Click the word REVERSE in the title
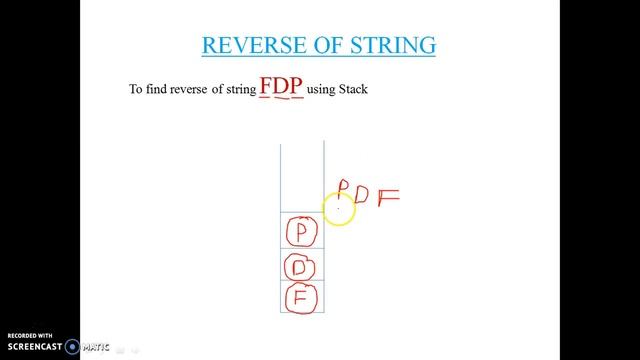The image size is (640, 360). pyautogui.click(x=248, y=45)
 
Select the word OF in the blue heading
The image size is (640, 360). pyautogui.click(x=316, y=45)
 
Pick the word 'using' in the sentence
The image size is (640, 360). pyautogui.click(x=320, y=89)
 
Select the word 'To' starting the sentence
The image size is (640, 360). pyautogui.click(x=137, y=89)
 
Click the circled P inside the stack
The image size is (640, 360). pyautogui.click(x=302, y=233)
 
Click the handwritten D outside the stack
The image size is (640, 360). pyautogui.click(x=362, y=194)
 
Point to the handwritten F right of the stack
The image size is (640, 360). pyautogui.click(x=387, y=196)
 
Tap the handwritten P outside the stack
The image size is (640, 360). pyautogui.click(x=342, y=189)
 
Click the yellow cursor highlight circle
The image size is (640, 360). pyautogui.click(x=338, y=209)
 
